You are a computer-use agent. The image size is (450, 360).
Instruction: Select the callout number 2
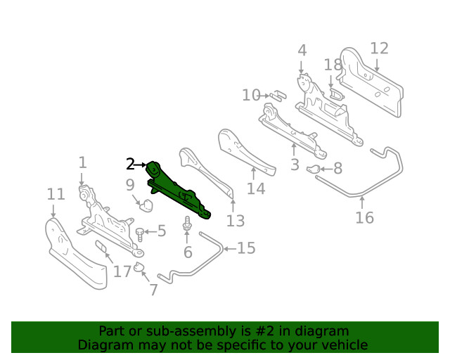[130, 165]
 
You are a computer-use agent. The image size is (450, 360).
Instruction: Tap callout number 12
[379, 49]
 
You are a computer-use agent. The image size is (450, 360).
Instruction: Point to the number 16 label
[364, 217]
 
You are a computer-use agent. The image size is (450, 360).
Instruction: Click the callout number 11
[56, 195]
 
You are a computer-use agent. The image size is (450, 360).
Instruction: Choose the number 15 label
[246, 248]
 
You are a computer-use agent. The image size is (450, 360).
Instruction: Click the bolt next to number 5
[141, 231]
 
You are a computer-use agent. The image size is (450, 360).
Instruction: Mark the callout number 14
[256, 188]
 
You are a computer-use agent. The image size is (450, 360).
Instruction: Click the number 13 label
[236, 221]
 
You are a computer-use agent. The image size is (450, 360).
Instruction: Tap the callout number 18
[333, 65]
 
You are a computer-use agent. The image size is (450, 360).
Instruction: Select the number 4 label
[302, 51]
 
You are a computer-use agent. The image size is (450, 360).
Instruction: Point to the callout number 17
[122, 271]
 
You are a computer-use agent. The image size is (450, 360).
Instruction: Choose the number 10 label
[251, 95]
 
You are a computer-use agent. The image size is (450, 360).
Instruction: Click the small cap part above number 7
[139, 266]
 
